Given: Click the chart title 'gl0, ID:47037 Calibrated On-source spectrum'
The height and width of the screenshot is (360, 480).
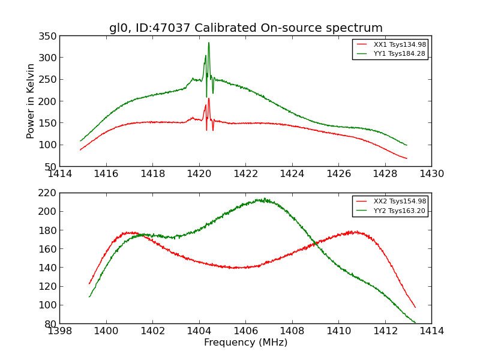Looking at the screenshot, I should (245, 28).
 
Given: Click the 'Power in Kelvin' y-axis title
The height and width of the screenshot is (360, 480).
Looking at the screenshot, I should (31, 101).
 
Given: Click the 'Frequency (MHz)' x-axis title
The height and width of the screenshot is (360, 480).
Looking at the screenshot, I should (245, 343).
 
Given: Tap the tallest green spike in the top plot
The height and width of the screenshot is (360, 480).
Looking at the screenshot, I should (209, 43).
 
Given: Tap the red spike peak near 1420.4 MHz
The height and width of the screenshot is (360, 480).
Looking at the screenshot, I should (209, 99).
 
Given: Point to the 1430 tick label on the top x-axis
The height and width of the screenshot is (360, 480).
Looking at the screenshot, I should (431, 174).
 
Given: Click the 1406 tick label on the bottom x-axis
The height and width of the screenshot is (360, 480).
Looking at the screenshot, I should (245, 331).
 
